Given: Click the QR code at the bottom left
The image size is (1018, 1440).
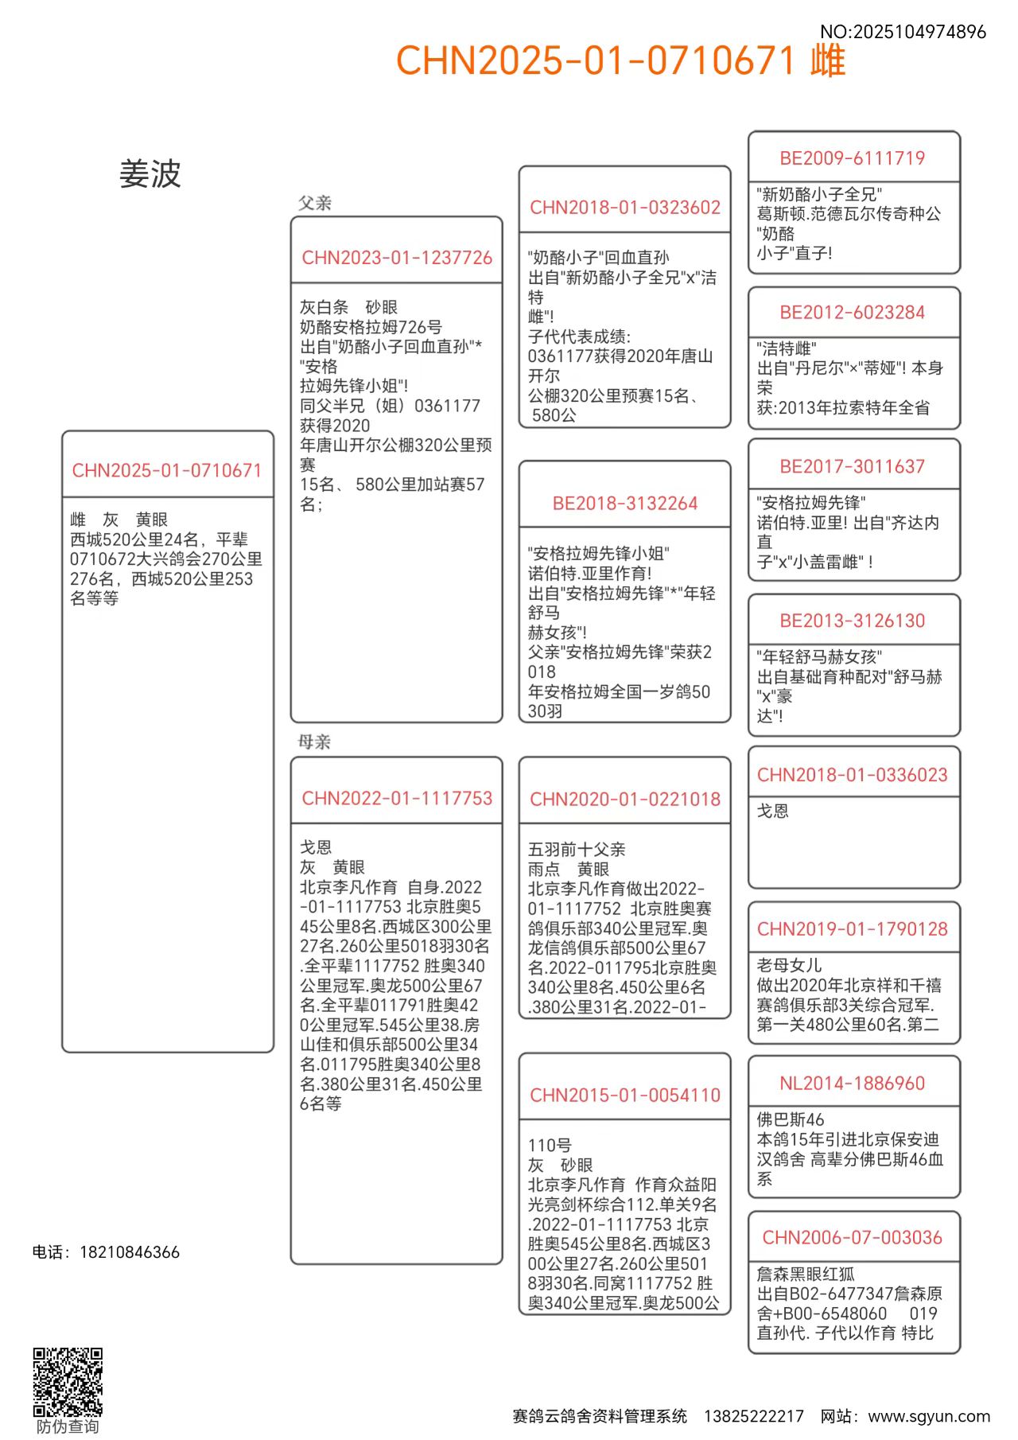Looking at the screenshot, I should (68, 1381).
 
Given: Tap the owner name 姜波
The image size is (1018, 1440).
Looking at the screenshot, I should (150, 174).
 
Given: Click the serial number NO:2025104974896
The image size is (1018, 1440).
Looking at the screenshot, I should (903, 32).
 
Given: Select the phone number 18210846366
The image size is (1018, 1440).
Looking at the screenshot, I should (130, 1252).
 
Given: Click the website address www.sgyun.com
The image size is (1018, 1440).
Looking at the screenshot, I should (929, 1416).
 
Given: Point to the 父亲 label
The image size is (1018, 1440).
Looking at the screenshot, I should (315, 203).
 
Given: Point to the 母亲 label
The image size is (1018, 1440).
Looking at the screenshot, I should (314, 741).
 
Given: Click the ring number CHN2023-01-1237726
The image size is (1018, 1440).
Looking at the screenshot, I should (397, 258).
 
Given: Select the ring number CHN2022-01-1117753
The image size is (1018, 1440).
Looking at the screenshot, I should (397, 798).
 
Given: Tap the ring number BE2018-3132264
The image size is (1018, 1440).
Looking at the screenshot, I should (625, 504).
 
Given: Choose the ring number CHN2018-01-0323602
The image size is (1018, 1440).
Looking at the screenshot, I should (625, 208).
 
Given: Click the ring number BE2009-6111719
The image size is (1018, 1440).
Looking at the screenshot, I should (853, 158).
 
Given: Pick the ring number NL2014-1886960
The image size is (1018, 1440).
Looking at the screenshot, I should (853, 1084).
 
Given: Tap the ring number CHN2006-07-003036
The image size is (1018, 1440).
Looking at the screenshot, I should (853, 1238).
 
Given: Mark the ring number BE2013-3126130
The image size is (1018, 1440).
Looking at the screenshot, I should (853, 621).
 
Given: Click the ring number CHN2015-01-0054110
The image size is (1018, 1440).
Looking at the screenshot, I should (625, 1096).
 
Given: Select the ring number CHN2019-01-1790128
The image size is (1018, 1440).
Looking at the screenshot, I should (853, 929).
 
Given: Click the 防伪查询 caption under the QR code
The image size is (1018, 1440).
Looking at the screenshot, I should (68, 1426).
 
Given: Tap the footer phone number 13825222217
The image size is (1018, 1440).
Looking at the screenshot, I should (753, 1416).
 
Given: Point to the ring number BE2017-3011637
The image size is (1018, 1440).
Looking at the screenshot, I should (853, 467).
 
